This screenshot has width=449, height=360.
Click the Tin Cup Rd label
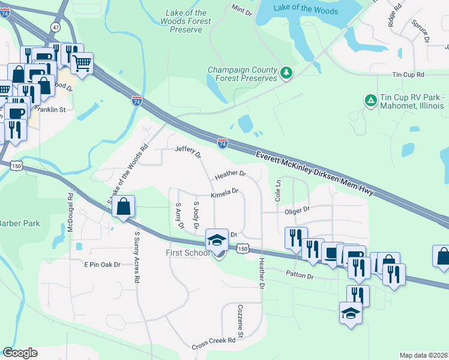tap(408, 75)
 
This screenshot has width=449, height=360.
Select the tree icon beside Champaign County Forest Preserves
tap(287, 74)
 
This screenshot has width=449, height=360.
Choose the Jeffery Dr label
tap(188, 152)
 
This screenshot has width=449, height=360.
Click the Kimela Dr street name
tap(224, 194)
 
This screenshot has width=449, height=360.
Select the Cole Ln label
tap(278, 190)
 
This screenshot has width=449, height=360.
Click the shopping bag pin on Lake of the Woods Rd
tap(123, 207)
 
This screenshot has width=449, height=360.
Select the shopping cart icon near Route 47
tap(82, 62)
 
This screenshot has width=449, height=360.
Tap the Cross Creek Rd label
tap(213, 344)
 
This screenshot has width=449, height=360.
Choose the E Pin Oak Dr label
tap(102, 264)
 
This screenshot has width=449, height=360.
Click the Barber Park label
tap(19, 223)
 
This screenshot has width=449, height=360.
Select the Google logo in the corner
tap(20, 353)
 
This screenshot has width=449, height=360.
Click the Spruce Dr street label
tap(421, 31)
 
